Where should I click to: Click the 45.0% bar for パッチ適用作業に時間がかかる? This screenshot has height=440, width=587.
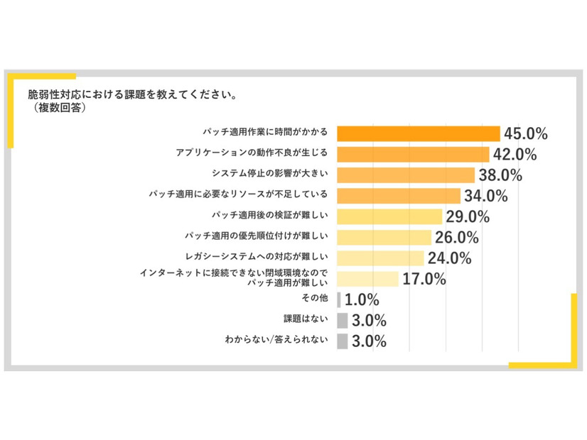tap(419, 133)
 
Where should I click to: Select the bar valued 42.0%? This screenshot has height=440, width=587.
tap(413, 154)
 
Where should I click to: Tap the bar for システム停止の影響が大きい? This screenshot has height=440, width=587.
tap(406, 175)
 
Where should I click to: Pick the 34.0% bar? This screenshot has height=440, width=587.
tap(399, 195)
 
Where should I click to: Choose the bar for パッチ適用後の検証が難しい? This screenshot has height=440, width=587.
tap(389, 216)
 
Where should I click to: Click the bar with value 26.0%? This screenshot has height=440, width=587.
tap(384, 236)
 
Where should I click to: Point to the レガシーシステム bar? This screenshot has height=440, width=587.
tap(380, 258)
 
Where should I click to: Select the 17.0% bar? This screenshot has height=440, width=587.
tap(367, 278)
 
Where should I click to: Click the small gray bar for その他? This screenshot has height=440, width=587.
tap(339, 299)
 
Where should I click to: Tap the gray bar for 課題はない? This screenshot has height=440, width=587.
tap(343, 320)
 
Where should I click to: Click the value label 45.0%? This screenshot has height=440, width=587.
tap(525, 133)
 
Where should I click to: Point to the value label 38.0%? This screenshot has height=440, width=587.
tap(500, 175)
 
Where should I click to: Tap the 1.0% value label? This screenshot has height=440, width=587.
tap(361, 299)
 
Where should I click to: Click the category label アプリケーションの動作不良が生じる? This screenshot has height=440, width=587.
tap(252, 153)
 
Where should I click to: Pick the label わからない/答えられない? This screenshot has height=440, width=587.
tap(276, 341)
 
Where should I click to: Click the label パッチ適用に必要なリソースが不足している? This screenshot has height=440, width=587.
tap(238, 194)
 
